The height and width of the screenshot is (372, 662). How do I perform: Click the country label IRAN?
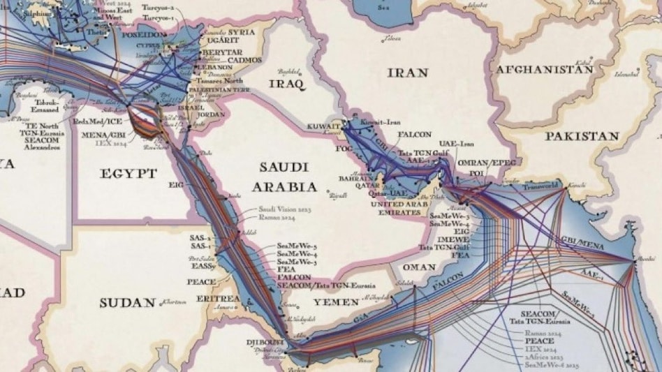407,72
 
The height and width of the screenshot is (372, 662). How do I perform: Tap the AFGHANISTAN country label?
545,70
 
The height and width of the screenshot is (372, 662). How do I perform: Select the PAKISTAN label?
582,136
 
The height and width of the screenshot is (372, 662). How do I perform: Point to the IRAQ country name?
286,84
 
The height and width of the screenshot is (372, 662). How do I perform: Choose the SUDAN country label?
127,302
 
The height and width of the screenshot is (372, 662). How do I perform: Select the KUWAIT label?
323,126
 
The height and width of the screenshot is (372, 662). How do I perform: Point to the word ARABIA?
284,186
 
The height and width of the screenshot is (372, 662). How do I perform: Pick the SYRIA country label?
242,33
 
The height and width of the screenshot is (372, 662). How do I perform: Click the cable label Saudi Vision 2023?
285,209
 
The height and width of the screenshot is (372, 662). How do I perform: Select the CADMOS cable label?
243,60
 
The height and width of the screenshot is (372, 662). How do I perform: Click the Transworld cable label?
540,186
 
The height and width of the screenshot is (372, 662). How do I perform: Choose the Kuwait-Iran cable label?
381,121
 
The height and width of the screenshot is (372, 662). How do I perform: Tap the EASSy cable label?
202,266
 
